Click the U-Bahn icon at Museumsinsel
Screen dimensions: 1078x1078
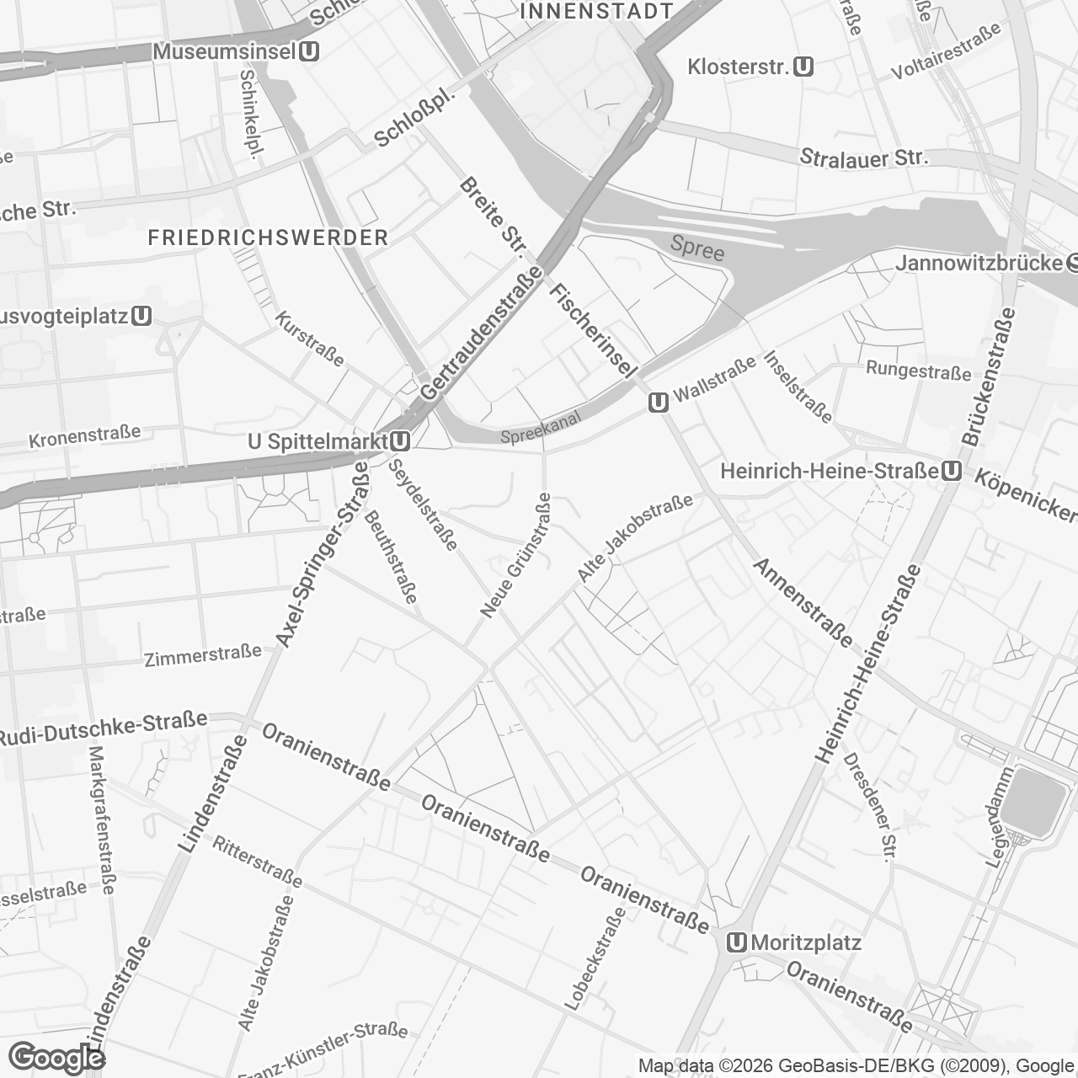[309, 51]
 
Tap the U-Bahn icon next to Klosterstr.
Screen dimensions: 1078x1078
[803, 67]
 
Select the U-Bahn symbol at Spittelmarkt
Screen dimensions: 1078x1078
[400, 441]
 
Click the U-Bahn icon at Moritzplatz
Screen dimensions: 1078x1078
[738, 942]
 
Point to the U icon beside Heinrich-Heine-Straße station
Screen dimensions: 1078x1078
[952, 471]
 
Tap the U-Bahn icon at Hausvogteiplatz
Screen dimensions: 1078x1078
[141, 317]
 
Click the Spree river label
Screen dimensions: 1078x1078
[697, 248]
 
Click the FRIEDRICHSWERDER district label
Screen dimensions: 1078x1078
[268, 237]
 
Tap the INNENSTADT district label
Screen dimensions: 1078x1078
[597, 11]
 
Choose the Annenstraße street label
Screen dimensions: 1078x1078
[803, 602]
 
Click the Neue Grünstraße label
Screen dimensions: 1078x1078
[515, 555]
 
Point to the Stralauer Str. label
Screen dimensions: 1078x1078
[863, 157]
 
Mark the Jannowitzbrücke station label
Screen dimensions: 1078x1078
[979, 263]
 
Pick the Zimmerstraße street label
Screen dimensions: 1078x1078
[203, 655]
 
